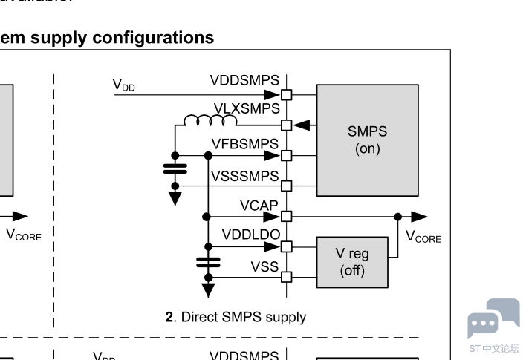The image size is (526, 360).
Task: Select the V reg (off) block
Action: coord(352,261)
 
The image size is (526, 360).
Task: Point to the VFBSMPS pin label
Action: coord(244,143)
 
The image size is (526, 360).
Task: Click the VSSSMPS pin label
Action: coord(244,176)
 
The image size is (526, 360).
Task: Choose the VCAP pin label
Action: coord(259,204)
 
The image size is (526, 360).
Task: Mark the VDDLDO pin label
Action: coord(250,235)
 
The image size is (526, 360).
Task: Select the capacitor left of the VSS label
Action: coord(209,261)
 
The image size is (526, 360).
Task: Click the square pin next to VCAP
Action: coord(287,216)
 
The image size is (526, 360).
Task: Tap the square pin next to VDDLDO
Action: coord(287,246)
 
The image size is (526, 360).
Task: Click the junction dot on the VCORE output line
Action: coord(399,216)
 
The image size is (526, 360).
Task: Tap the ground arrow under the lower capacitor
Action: coord(209,287)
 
